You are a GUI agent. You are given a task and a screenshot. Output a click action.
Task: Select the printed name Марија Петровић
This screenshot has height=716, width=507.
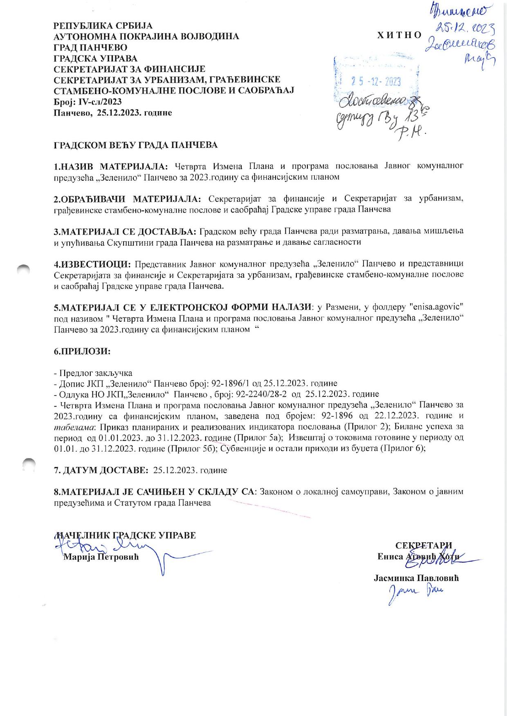[101, 557]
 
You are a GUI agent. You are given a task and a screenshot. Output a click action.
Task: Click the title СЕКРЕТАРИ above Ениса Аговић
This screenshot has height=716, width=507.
[424, 546]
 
